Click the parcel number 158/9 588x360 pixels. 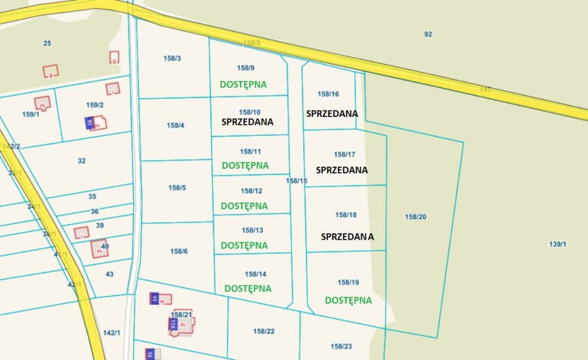246,68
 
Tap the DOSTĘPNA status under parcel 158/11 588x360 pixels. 245,165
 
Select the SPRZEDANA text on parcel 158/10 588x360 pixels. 247,122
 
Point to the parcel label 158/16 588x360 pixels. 328,94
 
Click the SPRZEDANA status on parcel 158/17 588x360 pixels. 342,170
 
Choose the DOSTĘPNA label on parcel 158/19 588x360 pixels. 348,301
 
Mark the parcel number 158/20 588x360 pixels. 416,217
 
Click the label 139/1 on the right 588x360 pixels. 557,244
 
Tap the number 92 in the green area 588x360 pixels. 428,34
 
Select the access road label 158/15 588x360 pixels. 297,181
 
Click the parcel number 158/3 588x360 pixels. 172,58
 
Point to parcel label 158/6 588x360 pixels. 179,252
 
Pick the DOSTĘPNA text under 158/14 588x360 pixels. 248,288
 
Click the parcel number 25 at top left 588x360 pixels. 47,43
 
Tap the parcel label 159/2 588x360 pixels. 95,105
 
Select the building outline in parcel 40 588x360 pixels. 99,248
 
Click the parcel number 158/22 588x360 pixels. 264,331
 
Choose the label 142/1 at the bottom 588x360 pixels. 112,333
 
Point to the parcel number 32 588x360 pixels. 82,161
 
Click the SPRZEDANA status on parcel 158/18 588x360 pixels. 347,237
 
